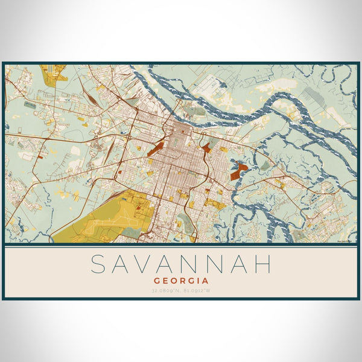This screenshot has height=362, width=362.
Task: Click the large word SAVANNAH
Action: tap(181, 264)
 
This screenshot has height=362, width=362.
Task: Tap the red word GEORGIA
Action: tap(182, 281)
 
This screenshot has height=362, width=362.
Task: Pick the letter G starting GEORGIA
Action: tap(157, 281)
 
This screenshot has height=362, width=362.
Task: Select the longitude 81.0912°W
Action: tap(198, 291)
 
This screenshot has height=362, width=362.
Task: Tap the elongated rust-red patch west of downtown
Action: tap(156, 148)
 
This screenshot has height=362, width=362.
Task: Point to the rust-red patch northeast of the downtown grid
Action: tap(206, 147)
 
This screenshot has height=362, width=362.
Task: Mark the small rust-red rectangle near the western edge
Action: tap(40, 155)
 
